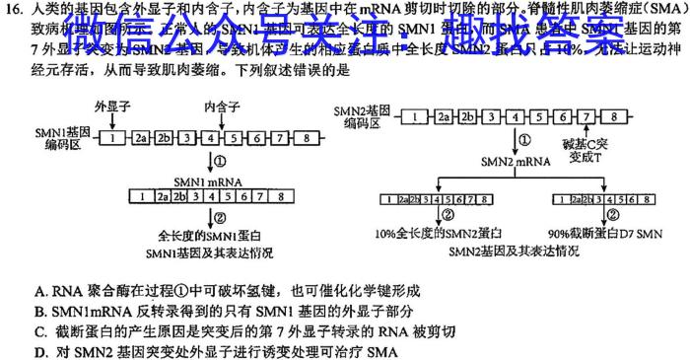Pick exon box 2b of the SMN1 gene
point(166,138)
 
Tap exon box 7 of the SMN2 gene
point(588,116)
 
